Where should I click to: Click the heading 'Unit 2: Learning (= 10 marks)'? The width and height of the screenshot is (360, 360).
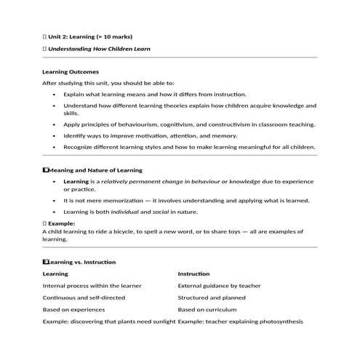click(x=90, y=36)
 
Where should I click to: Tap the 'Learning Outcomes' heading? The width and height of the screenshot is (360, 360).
click(x=71, y=72)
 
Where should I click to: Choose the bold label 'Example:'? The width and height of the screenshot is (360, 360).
click(x=62, y=223)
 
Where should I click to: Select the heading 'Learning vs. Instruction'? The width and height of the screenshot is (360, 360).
click(x=82, y=262)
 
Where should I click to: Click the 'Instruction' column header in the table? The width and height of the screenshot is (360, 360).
click(x=194, y=274)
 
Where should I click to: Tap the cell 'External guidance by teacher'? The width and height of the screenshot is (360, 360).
click(x=219, y=286)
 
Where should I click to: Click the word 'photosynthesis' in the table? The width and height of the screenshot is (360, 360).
click(x=277, y=321)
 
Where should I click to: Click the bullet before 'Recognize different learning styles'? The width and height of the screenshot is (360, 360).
click(x=55, y=146)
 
